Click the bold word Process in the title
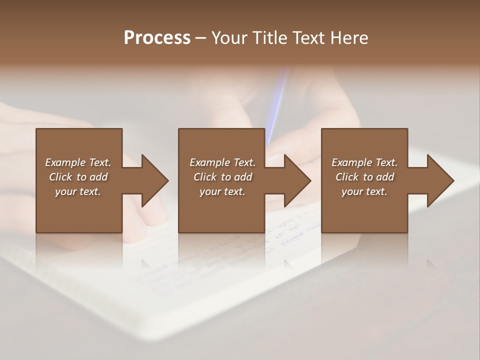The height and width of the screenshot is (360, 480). [157, 38]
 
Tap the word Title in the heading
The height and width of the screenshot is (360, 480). [269, 38]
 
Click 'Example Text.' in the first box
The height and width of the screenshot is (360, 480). [78, 162]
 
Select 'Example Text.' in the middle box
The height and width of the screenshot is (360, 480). [222, 162]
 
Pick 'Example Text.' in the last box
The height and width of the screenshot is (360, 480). [364, 162]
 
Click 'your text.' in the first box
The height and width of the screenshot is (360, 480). [78, 191]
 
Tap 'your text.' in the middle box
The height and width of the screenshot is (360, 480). [222, 191]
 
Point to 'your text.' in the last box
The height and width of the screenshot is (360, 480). [364, 191]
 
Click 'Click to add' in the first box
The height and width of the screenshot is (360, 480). [78, 177]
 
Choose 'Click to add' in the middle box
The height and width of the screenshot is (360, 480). [222, 177]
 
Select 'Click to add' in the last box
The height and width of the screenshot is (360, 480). [364, 177]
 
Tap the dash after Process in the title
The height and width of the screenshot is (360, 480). [201, 38]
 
